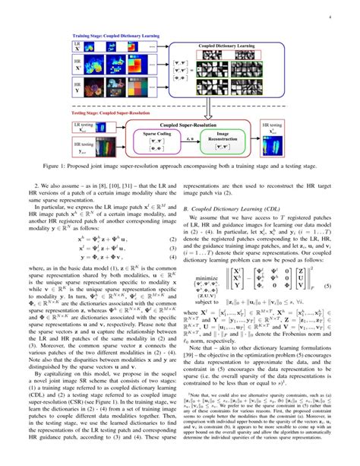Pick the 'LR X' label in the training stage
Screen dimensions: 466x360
(79, 47)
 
